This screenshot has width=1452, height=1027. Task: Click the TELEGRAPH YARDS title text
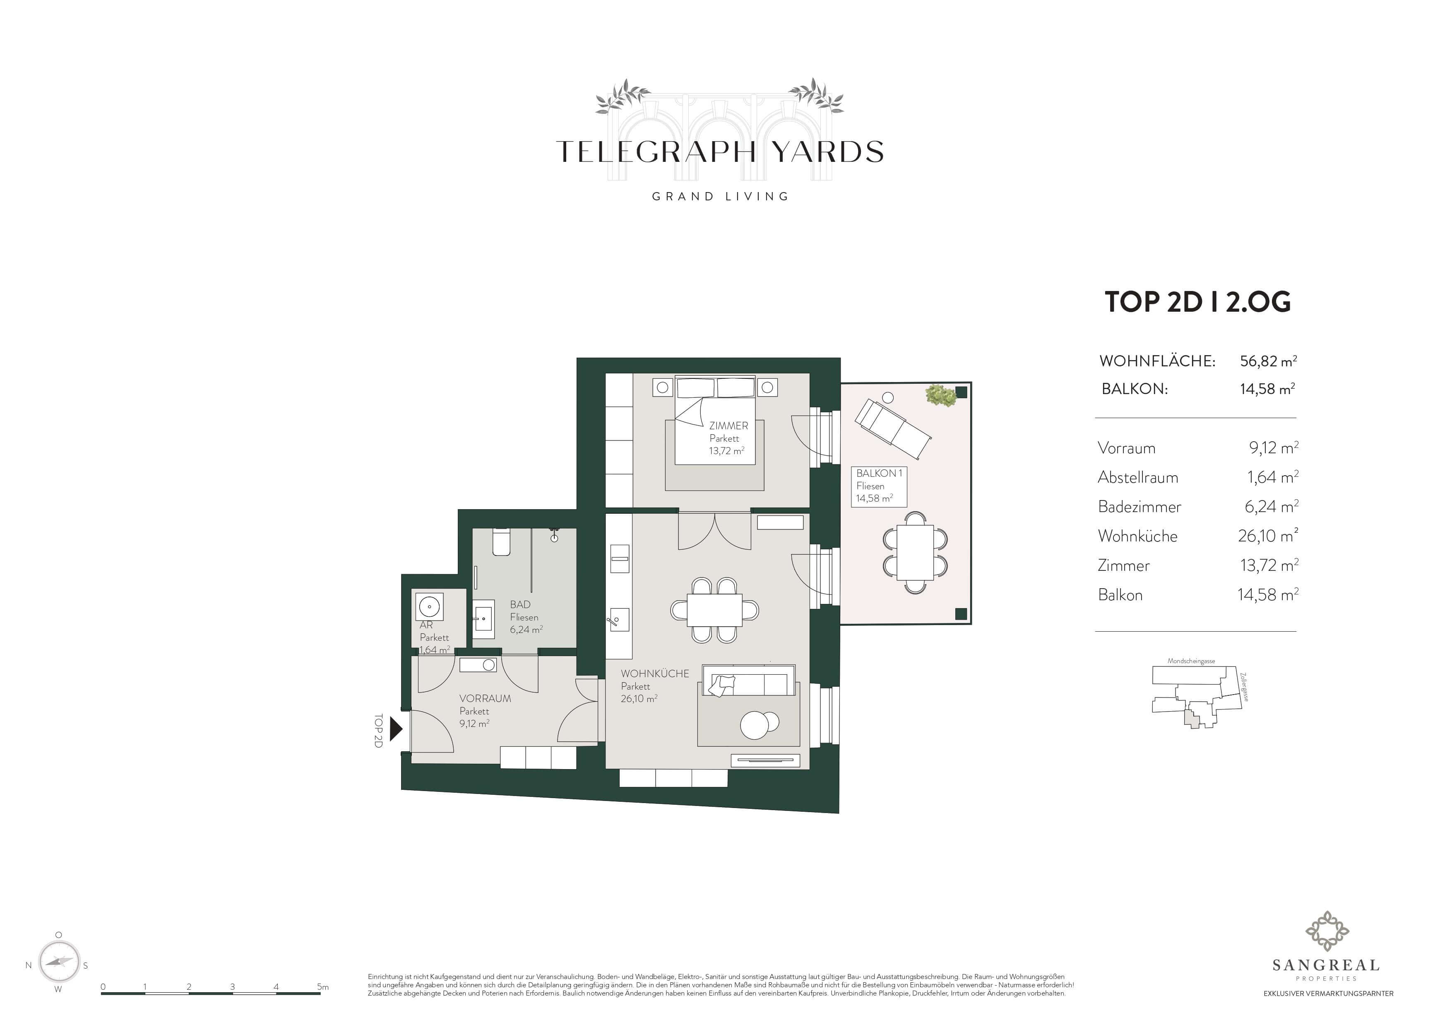(720, 152)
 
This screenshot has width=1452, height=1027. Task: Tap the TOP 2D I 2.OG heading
(1197, 302)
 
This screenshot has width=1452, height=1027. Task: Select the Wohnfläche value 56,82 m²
(1268, 361)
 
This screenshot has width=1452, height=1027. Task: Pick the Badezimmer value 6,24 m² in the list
(1272, 507)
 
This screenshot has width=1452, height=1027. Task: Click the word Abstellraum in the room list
(1138, 477)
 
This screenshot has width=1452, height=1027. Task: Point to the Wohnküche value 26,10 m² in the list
(1268, 536)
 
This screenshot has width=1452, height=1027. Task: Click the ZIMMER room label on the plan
(728, 426)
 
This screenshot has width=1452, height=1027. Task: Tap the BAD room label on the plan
(520, 604)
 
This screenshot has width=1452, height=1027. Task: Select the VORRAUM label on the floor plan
(485, 698)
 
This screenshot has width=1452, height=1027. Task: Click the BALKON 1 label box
(879, 486)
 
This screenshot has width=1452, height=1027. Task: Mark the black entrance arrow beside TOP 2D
(396, 729)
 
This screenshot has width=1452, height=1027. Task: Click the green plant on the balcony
(940, 395)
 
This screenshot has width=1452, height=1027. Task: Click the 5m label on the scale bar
(322, 986)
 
